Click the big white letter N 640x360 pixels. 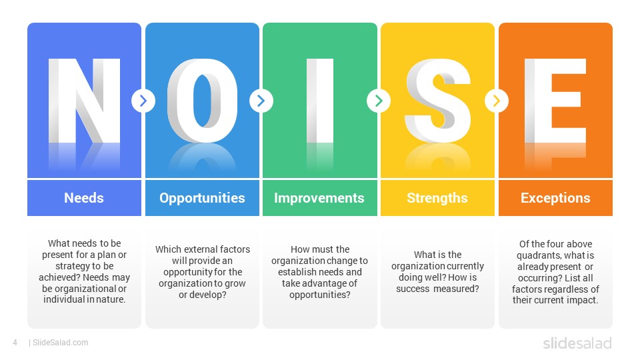85,101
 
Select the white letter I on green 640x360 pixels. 320,101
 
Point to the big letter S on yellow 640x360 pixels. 437,101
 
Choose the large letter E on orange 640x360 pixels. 555,101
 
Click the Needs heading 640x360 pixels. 84,198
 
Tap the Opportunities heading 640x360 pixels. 202,198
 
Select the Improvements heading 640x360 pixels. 319,198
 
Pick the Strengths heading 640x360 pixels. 437,198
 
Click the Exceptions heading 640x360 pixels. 555,198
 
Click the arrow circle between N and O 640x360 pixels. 143,101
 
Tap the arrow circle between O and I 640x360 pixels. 261,101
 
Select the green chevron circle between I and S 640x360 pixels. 379,101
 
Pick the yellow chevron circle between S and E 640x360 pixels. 497,101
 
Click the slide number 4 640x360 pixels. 15,343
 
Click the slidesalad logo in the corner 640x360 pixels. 577,343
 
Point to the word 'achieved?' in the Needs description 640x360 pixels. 59,277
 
